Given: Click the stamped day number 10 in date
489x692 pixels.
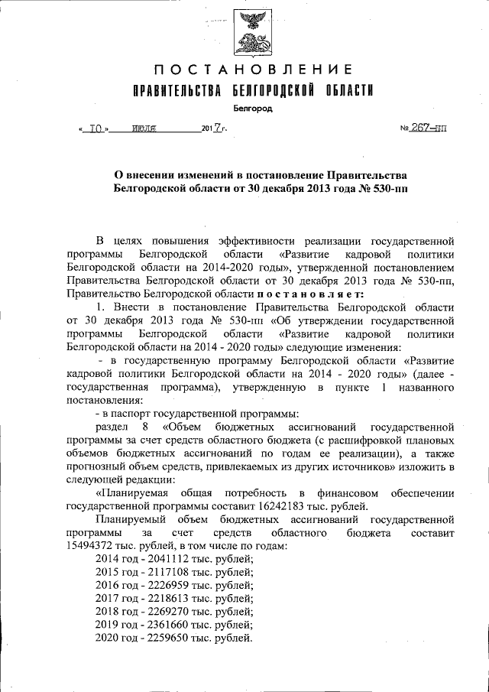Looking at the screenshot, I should [x=96, y=129].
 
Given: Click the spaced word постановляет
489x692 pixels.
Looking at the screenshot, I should [x=304, y=294].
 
